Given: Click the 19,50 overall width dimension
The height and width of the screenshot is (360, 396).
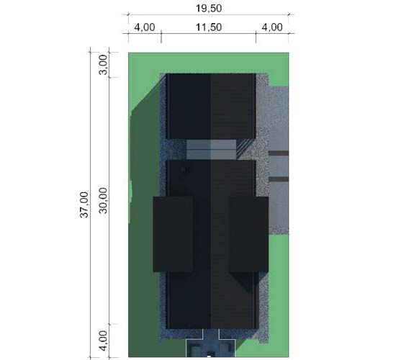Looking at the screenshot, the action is click(209, 9).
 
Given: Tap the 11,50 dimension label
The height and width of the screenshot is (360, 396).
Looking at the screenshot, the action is click(209, 27).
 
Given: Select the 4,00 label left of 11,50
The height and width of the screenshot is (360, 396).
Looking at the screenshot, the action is click(145, 27).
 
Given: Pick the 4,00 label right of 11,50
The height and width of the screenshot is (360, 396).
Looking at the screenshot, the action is click(272, 27).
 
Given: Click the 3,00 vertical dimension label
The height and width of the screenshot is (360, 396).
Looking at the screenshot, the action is click(103, 65).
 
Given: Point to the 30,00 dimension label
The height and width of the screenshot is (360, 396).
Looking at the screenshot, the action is click(103, 200).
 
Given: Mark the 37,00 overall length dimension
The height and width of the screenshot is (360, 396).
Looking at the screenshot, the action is click(84, 204).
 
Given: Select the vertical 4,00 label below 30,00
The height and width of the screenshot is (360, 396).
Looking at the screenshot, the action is click(103, 341).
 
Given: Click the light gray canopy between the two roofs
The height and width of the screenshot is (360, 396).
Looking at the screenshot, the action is click(211, 150).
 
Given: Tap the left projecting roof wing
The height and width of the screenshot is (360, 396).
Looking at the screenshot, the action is click(173, 234).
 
